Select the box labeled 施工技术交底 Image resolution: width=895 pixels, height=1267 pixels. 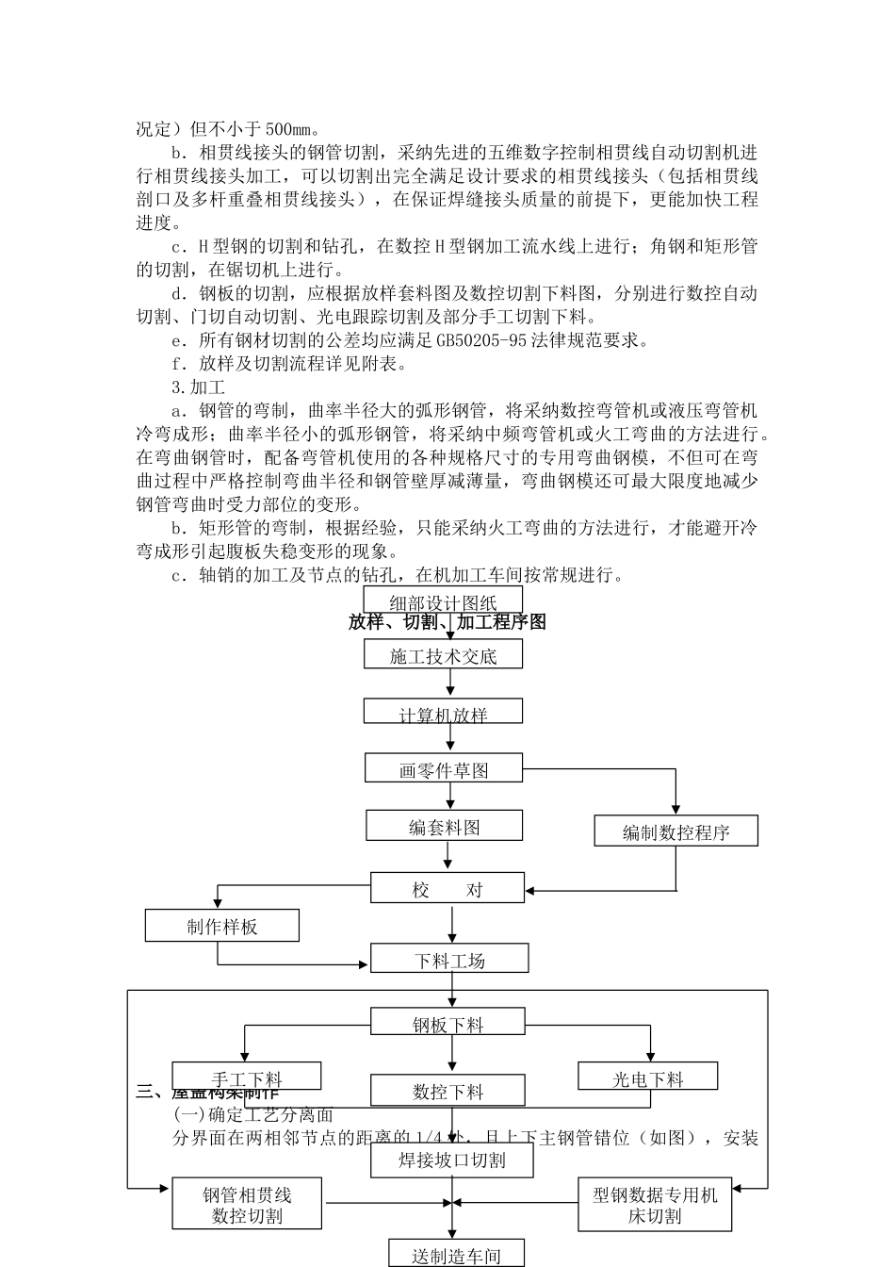[443, 656]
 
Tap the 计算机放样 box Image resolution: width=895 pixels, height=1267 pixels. [443, 714]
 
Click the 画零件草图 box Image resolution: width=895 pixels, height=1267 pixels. [444, 769]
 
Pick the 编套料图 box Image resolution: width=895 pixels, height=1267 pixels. [445, 827]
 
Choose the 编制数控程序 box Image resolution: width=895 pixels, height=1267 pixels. [675, 831]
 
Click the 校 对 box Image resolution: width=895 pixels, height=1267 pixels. [447, 889]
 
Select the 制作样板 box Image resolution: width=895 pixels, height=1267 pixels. [221, 926]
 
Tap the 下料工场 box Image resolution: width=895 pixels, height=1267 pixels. [449, 960]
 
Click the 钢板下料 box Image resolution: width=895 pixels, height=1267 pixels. [447, 1023]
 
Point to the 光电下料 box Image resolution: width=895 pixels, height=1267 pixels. [647, 1078]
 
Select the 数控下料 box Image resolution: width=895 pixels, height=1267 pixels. [447, 1092]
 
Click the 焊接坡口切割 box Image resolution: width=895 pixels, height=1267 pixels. [452, 1160]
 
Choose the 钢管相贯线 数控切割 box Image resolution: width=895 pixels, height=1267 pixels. [247, 1205]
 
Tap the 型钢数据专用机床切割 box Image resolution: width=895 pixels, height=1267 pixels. [655, 1205]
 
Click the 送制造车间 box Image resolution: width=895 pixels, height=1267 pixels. [456, 1255]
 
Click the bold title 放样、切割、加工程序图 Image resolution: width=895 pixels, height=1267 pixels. [447, 623]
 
